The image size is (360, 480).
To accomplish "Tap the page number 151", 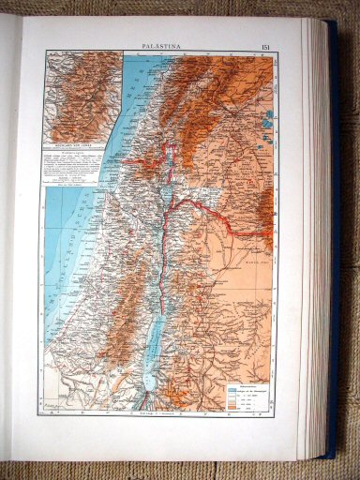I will (266, 44).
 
